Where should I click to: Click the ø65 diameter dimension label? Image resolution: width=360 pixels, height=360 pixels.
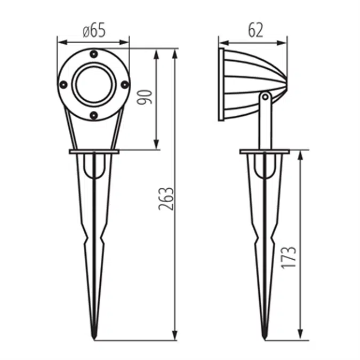click(94, 30)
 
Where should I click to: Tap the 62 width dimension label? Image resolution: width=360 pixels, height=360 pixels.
click(255, 30)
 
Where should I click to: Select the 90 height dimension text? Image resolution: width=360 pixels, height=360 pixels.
click(145, 97)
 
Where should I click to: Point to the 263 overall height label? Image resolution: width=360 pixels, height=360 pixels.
click(166, 199)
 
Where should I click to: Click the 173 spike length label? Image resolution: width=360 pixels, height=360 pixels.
click(289, 258)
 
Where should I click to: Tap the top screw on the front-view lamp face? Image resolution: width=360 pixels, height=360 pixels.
click(94, 54)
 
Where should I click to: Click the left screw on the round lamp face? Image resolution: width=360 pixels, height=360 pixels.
click(63, 85)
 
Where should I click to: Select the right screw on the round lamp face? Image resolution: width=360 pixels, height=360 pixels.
click(125, 85)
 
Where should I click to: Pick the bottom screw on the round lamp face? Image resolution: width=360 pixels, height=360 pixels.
click(94, 115)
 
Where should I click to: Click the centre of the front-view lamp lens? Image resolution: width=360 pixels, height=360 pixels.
click(94, 84)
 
